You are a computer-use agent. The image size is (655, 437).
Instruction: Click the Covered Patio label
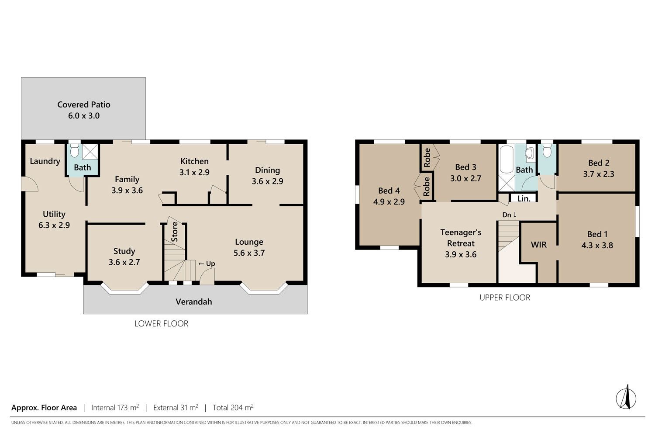[84, 104]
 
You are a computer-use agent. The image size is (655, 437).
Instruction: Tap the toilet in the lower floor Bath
[75, 150]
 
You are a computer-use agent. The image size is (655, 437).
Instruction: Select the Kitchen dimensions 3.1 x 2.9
[194, 173]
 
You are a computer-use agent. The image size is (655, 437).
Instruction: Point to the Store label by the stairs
[174, 232]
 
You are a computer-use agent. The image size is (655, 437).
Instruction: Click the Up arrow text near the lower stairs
[207, 264]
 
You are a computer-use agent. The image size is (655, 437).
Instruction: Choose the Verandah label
[193, 302]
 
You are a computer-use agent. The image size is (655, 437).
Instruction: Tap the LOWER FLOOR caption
[161, 324]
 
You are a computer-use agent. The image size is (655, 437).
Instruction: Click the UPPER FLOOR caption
[505, 298]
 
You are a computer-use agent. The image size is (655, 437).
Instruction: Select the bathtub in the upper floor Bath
[507, 160]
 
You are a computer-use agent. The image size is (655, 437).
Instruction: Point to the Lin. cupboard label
[524, 199]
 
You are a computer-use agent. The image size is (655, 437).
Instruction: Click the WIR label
[538, 245]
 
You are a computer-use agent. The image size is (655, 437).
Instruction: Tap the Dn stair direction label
[510, 215]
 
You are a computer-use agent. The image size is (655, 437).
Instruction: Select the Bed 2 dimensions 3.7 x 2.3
[599, 174]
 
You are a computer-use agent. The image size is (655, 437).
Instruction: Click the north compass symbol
[626, 398]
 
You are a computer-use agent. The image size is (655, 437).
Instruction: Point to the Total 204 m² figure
[233, 407]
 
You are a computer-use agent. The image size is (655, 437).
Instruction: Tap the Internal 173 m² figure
[115, 407]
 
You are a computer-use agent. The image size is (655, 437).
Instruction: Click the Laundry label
[45, 161]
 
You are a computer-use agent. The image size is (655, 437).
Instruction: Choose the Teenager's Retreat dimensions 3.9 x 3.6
[461, 255]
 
